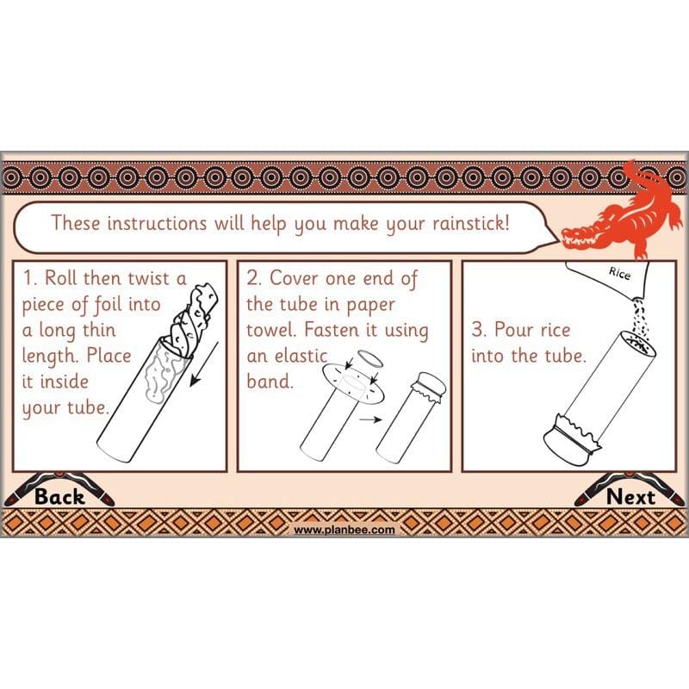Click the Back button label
point(59,496)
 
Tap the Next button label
point(630,496)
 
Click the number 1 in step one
point(28,278)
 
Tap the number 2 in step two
point(253,278)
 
